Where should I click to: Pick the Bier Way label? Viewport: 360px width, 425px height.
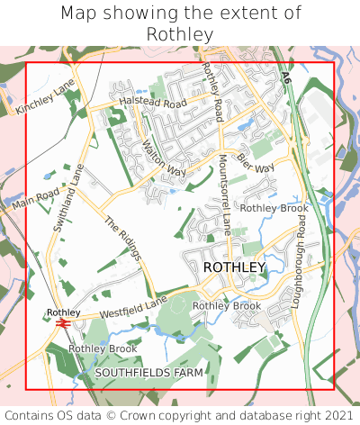point(256,162)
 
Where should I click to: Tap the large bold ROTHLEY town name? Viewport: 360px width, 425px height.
point(234,267)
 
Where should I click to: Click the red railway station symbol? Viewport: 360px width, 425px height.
point(64,322)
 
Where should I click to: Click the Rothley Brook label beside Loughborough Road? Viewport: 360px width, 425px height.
point(274,208)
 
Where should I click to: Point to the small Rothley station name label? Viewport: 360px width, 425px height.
point(64,312)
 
